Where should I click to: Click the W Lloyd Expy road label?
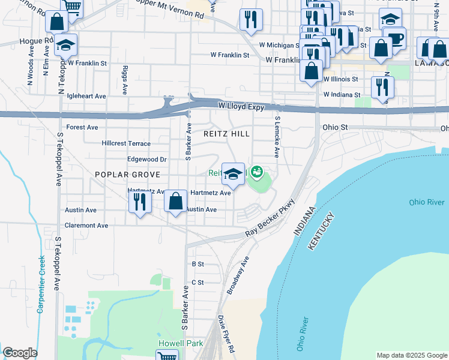point(241,105)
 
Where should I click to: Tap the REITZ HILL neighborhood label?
point(227,134)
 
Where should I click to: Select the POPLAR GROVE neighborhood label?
point(127,174)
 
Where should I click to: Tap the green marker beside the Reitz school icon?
point(257,173)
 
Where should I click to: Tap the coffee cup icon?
point(395,38)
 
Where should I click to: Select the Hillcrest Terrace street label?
point(126,144)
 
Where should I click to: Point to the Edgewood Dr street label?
point(146,160)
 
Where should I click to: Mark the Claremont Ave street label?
point(86,226)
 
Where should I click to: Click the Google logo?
point(20,353)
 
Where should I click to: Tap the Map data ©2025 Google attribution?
point(411,355)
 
